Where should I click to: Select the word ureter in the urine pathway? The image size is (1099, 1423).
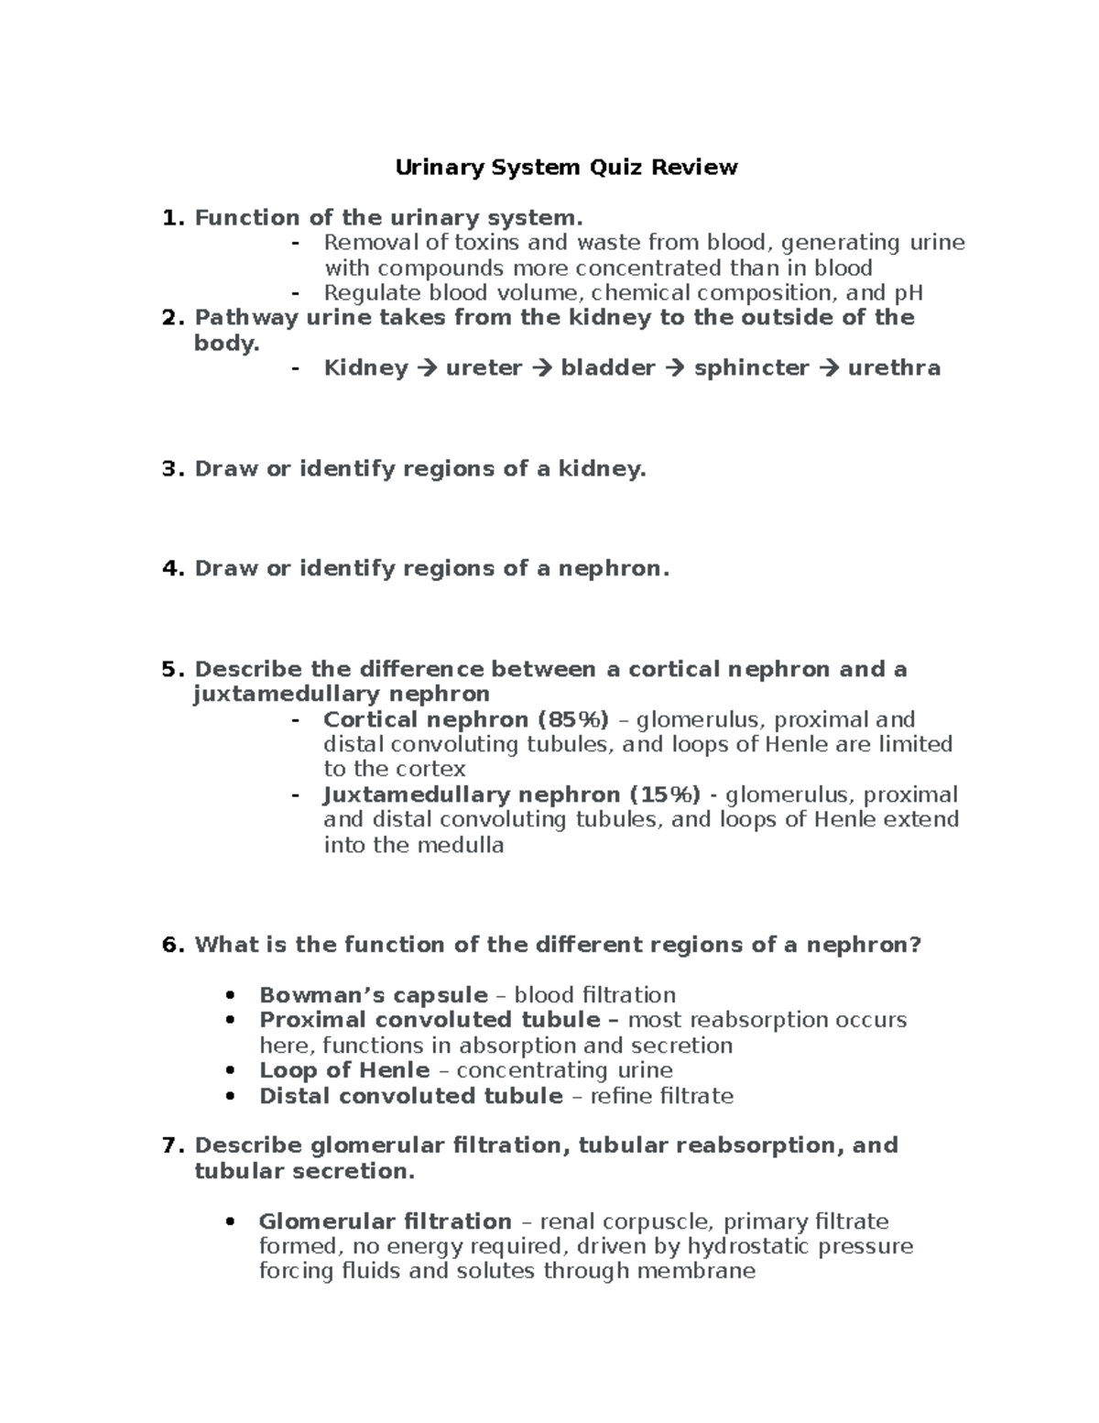[x=484, y=368]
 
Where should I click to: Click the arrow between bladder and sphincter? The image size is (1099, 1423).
[x=674, y=368]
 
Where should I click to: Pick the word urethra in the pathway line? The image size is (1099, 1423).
[x=894, y=368]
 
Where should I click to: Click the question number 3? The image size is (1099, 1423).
[x=169, y=469]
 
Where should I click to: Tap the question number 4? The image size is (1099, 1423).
[x=169, y=569]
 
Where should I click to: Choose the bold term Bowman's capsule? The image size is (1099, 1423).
[x=373, y=995]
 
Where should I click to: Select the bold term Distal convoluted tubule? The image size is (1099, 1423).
[x=410, y=1096]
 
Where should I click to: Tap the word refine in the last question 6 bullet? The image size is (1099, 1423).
[x=623, y=1096]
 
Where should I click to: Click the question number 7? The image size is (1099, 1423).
[x=169, y=1145]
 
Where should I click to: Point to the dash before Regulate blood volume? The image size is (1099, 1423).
[x=295, y=293]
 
